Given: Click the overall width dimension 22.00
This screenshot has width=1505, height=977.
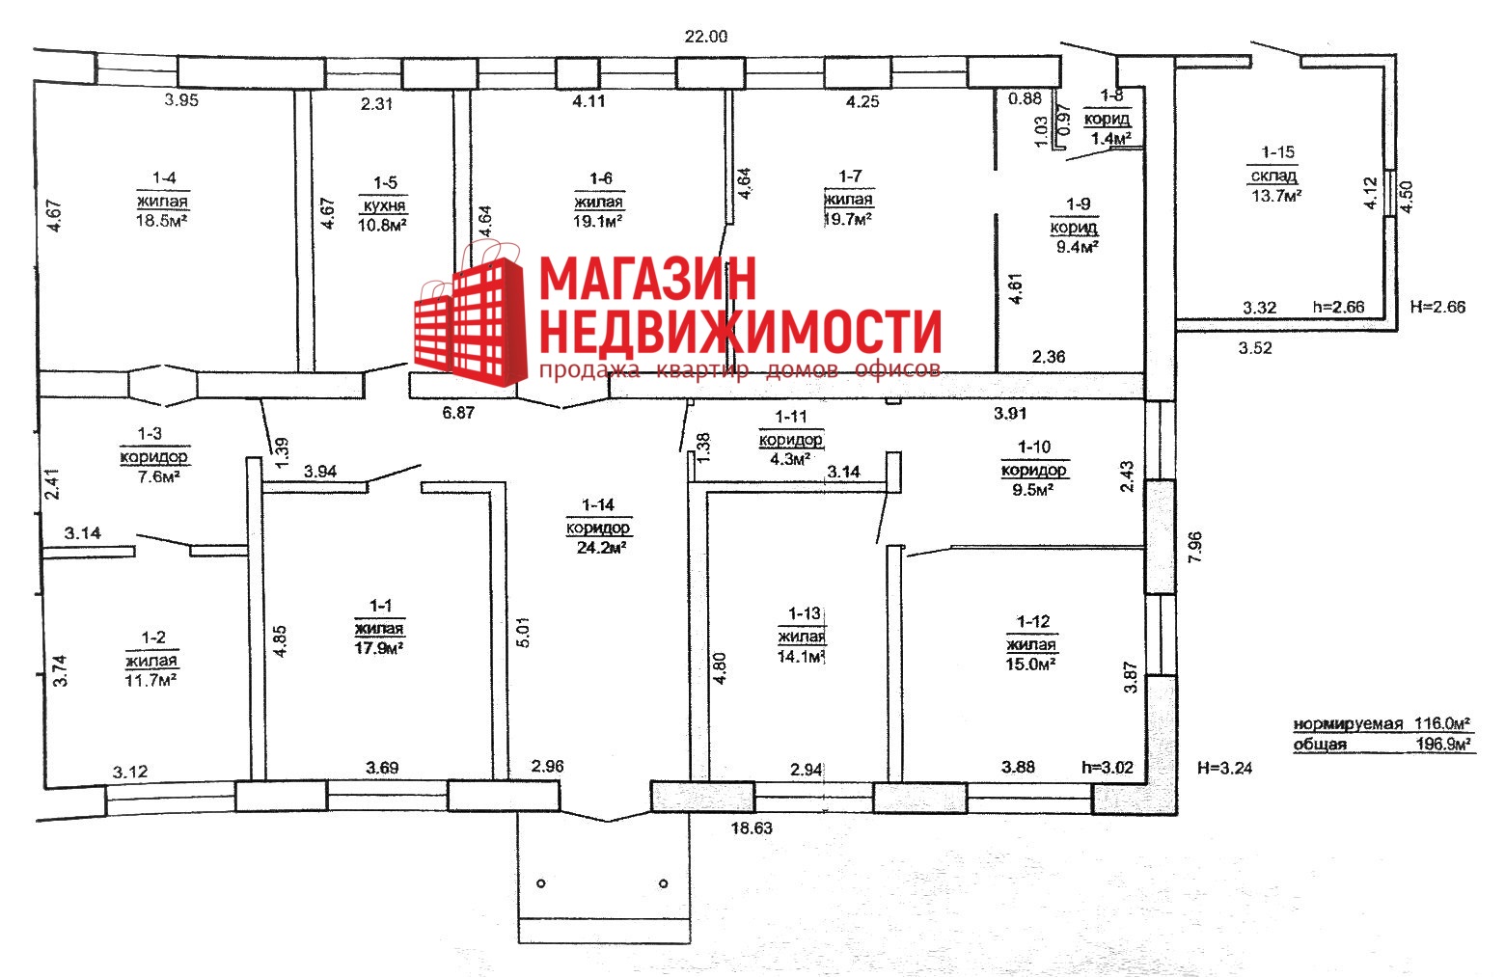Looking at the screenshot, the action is [705, 37].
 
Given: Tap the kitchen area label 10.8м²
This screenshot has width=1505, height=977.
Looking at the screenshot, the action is [382, 225].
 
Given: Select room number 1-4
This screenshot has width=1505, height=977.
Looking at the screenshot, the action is [164, 177].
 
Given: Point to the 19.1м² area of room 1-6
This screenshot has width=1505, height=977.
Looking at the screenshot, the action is [598, 221].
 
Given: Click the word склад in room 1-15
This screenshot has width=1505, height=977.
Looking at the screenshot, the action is [1273, 176].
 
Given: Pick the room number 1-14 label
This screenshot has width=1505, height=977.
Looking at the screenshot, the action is [598, 505].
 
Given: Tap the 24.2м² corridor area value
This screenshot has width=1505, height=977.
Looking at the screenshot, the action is [601, 548].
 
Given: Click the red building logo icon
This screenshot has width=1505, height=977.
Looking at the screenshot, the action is [471, 315].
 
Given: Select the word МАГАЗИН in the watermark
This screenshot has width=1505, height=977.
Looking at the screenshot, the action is [647, 279].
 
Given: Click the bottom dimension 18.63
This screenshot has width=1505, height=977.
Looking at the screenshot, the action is [752, 828].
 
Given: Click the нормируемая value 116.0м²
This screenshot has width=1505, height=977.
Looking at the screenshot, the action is [1442, 723].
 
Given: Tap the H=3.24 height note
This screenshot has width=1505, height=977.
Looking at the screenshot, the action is [1225, 768].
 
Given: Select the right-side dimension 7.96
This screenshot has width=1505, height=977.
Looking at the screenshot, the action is [1194, 547].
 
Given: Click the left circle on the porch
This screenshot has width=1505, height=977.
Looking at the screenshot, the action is [541, 883].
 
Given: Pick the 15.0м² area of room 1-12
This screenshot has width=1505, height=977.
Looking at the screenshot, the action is [1030, 665].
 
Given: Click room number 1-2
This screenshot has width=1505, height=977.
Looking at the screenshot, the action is [153, 638].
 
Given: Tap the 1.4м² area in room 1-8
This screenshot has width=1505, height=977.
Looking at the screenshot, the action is [1109, 139].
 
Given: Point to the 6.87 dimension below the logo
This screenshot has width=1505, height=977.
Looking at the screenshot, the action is [458, 412].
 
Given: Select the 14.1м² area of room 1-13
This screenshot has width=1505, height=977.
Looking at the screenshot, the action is [801, 656].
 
